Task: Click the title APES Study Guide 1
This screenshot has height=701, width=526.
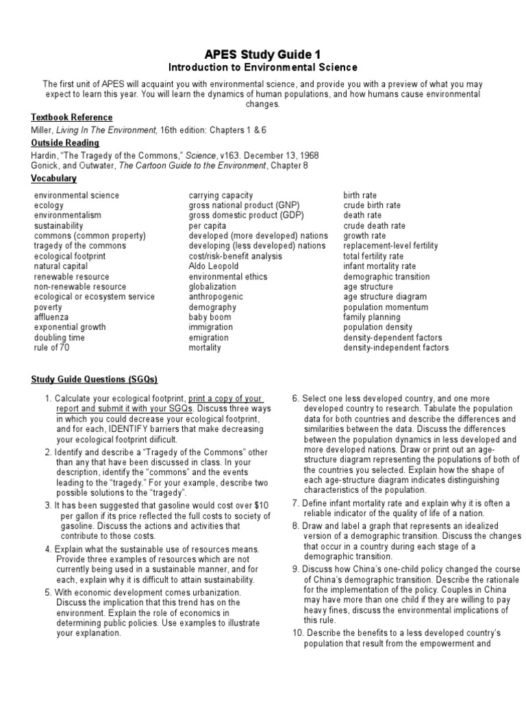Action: (x=262, y=53)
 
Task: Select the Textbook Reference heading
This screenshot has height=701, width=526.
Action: (x=69, y=118)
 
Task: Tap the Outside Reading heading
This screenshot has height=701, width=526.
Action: (x=65, y=143)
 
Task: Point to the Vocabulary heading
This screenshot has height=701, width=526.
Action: (x=53, y=179)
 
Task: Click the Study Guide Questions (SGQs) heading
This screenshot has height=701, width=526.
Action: (x=95, y=380)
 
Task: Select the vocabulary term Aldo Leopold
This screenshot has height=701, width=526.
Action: (x=212, y=266)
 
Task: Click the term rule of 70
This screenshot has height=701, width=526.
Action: (x=52, y=348)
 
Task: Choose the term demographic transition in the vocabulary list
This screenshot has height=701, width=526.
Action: (x=387, y=277)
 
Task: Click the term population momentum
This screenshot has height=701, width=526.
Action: (x=386, y=307)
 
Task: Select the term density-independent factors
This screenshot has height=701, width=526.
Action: (x=396, y=348)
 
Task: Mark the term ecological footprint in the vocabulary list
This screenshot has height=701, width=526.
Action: (x=70, y=256)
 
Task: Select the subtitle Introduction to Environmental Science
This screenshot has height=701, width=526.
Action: (x=262, y=67)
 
